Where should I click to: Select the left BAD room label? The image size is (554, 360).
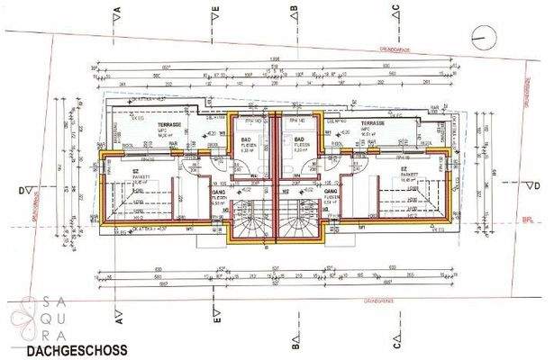point(246,139)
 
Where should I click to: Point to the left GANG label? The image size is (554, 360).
point(218,193)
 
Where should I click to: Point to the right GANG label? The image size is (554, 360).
point(331,193)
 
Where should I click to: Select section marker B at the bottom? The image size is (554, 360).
point(295,342)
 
